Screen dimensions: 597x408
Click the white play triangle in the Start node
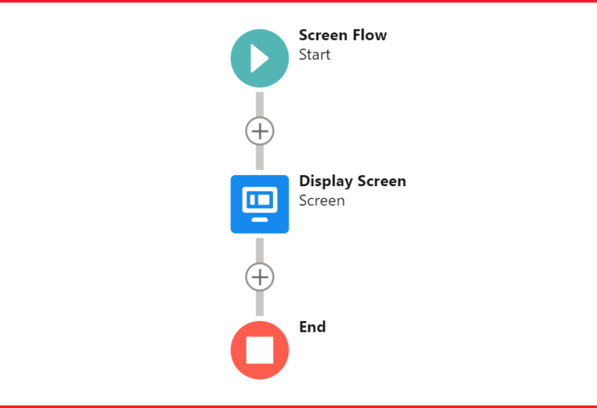tap(259, 59)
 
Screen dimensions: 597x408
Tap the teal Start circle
tap(260, 59)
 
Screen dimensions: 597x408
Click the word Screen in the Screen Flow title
tap(323, 35)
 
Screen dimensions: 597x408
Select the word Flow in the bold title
tap(369, 35)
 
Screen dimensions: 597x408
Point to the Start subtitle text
tap(315, 55)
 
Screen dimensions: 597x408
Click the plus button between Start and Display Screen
tap(260, 131)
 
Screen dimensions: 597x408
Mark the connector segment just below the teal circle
tap(260, 105)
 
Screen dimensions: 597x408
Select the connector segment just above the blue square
tap(260, 157)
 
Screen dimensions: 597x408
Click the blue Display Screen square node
tap(260, 204)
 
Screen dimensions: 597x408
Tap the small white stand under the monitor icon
tap(260, 220)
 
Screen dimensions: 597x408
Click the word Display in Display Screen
tap(326, 182)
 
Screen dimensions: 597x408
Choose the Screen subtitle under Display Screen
tap(322, 201)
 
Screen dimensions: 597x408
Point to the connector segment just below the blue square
tap(260, 251)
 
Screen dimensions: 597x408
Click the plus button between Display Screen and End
tap(260, 277)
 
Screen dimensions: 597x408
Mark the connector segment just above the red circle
tap(260, 303)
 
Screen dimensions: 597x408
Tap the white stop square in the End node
tap(260, 350)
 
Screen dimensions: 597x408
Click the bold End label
tap(312, 327)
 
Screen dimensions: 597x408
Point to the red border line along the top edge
tap(298, 1)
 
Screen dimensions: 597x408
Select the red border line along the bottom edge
tap(298, 407)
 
